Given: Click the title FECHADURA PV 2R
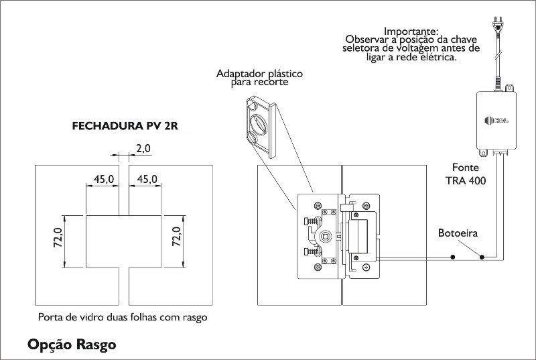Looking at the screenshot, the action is click(125, 126).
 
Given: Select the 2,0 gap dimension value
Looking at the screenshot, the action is click(143, 149).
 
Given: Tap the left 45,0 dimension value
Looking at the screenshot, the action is click(104, 179).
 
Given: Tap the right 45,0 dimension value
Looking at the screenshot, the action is click(147, 179).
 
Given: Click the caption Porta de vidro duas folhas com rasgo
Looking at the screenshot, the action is click(123, 317).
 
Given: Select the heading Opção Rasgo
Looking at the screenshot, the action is click(72, 345).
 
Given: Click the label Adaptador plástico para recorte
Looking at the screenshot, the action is click(259, 78).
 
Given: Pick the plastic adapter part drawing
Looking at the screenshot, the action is click(261, 128).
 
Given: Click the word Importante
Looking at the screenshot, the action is click(411, 31).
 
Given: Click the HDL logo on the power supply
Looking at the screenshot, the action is click(496, 121).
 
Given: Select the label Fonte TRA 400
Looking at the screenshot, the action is click(466, 174).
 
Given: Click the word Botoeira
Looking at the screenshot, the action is click(458, 233).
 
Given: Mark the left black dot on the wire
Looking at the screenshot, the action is click(453, 257).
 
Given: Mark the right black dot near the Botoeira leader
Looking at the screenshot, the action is click(482, 257).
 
